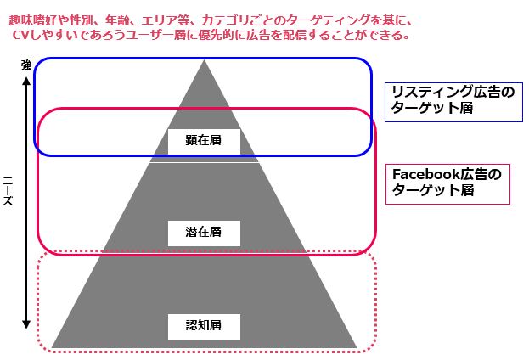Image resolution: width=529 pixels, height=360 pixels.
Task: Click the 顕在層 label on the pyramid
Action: tap(204, 140)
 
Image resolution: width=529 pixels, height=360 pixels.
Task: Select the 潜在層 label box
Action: tap(204, 232)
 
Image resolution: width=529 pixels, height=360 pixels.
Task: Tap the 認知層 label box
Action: tap(204, 325)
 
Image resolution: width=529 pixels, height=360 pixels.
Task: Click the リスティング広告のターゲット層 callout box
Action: tap(453, 101)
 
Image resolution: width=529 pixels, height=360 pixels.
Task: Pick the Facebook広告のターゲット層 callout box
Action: tap(447, 183)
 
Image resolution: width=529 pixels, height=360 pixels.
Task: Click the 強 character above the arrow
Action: tap(25, 65)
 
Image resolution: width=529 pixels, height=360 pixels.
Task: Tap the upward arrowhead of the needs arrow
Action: tap(26, 82)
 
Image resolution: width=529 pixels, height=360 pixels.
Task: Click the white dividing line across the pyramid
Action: tap(205, 162)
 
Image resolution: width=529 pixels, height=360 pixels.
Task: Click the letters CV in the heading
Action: tap(24, 36)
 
